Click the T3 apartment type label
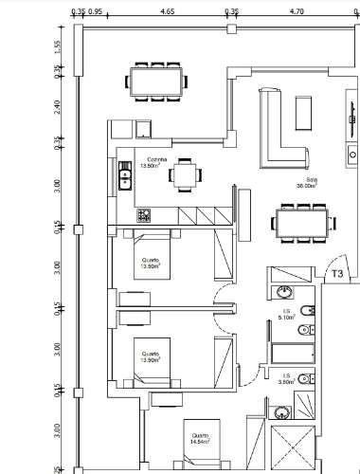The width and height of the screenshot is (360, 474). [x=336, y=274]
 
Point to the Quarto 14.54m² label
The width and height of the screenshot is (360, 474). [x=196, y=439]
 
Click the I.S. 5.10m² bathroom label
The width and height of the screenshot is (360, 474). [x=284, y=315]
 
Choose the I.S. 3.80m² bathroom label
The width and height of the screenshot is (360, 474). [x=284, y=380]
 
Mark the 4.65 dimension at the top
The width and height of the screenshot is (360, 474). [x=167, y=13]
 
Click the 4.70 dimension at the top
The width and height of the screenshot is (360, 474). [x=295, y=13]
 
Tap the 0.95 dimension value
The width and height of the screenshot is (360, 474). [x=96, y=13]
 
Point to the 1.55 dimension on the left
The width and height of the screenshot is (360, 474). [x=58, y=46]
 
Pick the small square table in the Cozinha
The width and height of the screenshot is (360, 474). [x=188, y=174]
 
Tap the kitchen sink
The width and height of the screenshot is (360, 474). [x=124, y=174]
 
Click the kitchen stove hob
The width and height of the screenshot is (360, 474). [x=144, y=215]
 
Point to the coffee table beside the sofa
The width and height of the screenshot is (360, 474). [x=305, y=112]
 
